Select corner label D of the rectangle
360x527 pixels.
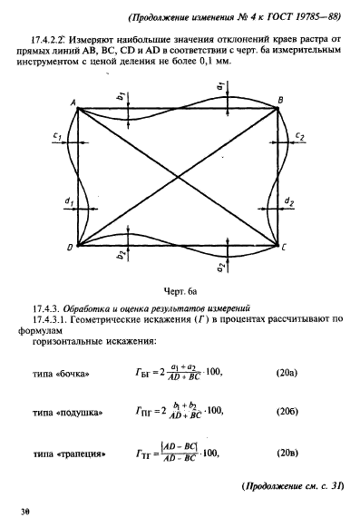click(x=70, y=248)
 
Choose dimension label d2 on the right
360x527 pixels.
click(x=288, y=199)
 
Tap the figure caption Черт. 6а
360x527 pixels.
click(x=180, y=294)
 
